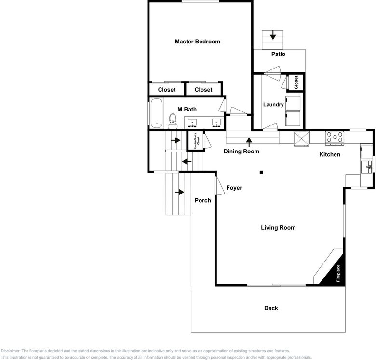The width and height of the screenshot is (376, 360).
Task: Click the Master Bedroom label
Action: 197,42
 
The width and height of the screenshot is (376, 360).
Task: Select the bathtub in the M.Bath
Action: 157,113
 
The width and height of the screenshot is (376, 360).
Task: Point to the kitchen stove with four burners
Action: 335,138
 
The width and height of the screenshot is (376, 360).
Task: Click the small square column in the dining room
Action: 261,172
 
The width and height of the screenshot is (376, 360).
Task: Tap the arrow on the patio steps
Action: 273,35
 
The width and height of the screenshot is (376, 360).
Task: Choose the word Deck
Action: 271,308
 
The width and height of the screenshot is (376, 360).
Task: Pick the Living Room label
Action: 278,228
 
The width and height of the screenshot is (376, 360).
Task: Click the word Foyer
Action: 234,188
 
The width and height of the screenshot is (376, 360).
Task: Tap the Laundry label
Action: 273,104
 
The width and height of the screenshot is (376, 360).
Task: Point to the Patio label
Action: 278,54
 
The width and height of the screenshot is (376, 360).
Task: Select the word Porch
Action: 202,200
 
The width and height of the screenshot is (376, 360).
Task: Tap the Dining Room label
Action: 242,152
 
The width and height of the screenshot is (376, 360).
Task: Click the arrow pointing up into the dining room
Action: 249,141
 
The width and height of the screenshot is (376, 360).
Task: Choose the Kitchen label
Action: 330,155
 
